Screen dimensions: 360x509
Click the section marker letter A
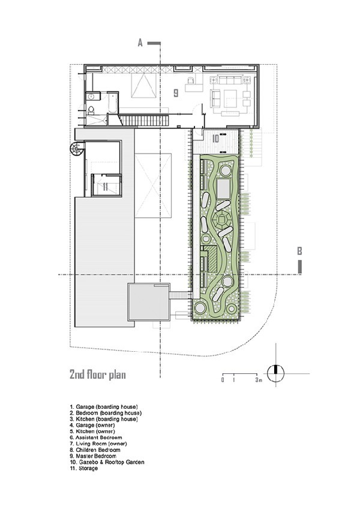(140, 43)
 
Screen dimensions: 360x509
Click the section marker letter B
(299, 251)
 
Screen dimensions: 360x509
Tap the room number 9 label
(176, 93)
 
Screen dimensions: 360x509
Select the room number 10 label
(215, 139)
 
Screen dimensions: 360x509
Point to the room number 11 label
(105, 187)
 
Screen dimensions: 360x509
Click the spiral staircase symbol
(77, 149)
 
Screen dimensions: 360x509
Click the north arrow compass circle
(275, 373)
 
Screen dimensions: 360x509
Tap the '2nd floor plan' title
(97, 375)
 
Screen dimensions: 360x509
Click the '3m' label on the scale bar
(259, 380)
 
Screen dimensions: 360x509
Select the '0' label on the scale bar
(223, 380)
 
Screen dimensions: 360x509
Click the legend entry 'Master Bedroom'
(93, 456)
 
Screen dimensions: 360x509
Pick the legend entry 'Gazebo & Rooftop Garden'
(107, 462)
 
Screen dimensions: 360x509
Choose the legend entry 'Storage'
(84, 468)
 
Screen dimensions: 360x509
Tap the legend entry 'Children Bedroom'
(95, 450)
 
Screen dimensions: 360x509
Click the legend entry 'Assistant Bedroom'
(96, 437)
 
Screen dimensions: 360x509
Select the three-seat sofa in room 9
(230, 80)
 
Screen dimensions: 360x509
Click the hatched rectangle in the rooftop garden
(211, 259)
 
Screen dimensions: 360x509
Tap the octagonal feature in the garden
(222, 220)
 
